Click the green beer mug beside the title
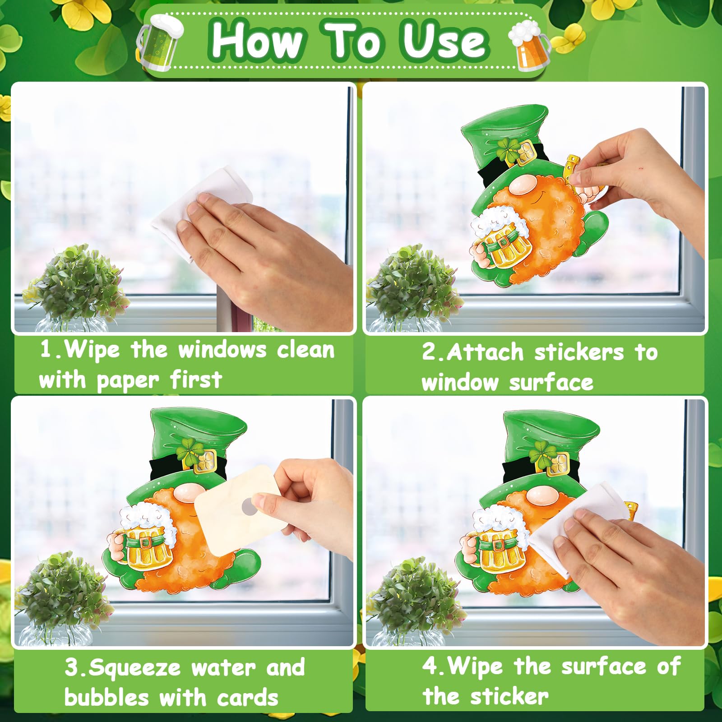(x=159, y=42)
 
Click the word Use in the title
(x=444, y=41)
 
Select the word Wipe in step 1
(x=92, y=350)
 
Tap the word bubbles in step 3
(x=106, y=698)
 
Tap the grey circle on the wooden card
(x=249, y=506)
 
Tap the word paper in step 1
(x=128, y=381)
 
